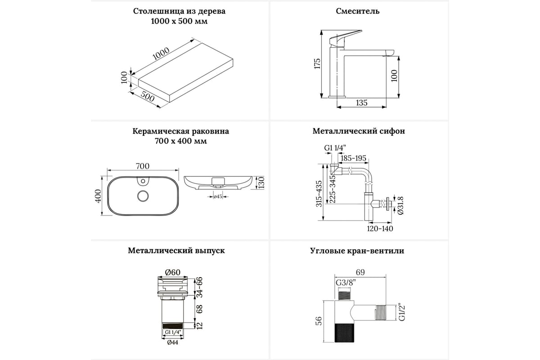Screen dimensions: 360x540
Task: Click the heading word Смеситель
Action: [358, 11]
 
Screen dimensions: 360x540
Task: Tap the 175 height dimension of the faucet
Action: [317, 63]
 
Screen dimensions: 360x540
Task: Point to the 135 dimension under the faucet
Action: [361, 103]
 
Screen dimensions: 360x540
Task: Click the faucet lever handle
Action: [346, 36]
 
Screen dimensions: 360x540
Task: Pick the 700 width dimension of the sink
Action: [142, 166]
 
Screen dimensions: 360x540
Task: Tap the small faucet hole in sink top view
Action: [143, 182]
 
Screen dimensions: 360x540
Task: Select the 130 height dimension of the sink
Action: [260, 182]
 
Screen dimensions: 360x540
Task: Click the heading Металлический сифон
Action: [359, 131]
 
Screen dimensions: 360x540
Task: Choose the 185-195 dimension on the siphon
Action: [354, 158]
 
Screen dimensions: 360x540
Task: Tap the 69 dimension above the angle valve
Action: [360, 272]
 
